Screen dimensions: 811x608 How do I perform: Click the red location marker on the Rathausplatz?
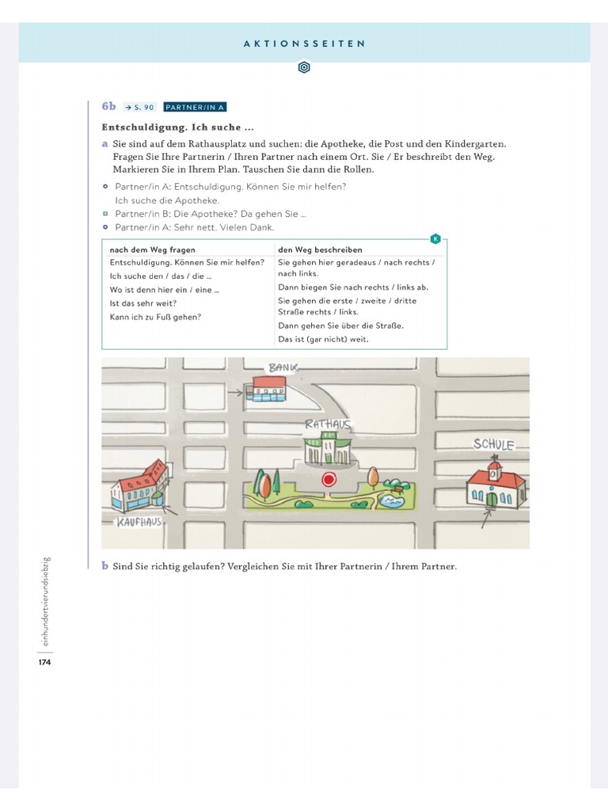(329, 479)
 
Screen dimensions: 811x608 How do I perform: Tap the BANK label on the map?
(283, 367)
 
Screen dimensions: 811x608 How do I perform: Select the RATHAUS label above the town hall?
(328, 425)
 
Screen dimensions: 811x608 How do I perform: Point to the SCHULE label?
(494, 444)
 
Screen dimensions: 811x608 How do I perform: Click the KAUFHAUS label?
(139, 523)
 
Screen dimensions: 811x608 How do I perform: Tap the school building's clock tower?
(495, 470)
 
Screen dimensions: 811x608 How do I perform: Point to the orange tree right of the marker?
(373, 477)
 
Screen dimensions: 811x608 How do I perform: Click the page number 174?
(44, 662)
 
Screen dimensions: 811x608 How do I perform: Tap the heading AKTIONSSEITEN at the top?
(305, 44)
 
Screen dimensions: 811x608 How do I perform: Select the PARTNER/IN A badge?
(195, 107)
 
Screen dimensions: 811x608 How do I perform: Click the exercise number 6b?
(108, 106)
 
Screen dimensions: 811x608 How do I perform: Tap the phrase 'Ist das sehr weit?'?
(143, 303)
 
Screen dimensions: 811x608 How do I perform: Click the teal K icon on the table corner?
(435, 238)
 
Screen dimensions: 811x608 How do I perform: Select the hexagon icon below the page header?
(304, 68)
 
